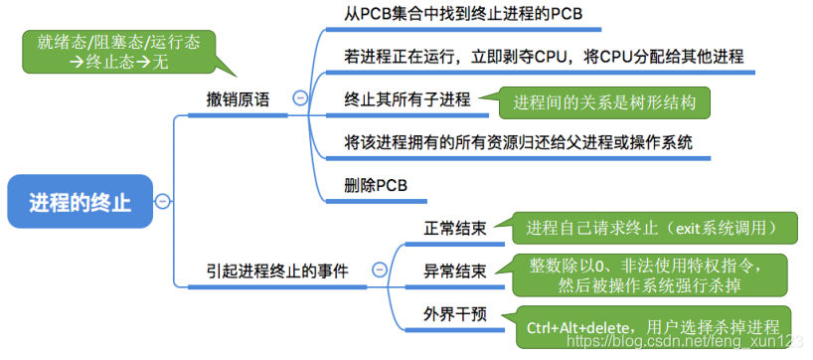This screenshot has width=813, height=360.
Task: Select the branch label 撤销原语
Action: pyautogui.click(x=237, y=99)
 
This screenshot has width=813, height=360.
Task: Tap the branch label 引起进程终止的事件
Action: pyautogui.click(x=277, y=270)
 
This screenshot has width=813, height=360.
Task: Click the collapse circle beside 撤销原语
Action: pyautogui.click(x=300, y=97)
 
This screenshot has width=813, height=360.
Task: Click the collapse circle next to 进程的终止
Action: pyautogui.click(x=162, y=202)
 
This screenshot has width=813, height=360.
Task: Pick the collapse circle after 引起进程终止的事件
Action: pyautogui.click(x=379, y=270)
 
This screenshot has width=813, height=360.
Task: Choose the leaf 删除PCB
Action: pyautogui.click(x=376, y=185)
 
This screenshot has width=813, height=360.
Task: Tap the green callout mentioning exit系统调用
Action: pyautogui.click(x=650, y=228)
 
